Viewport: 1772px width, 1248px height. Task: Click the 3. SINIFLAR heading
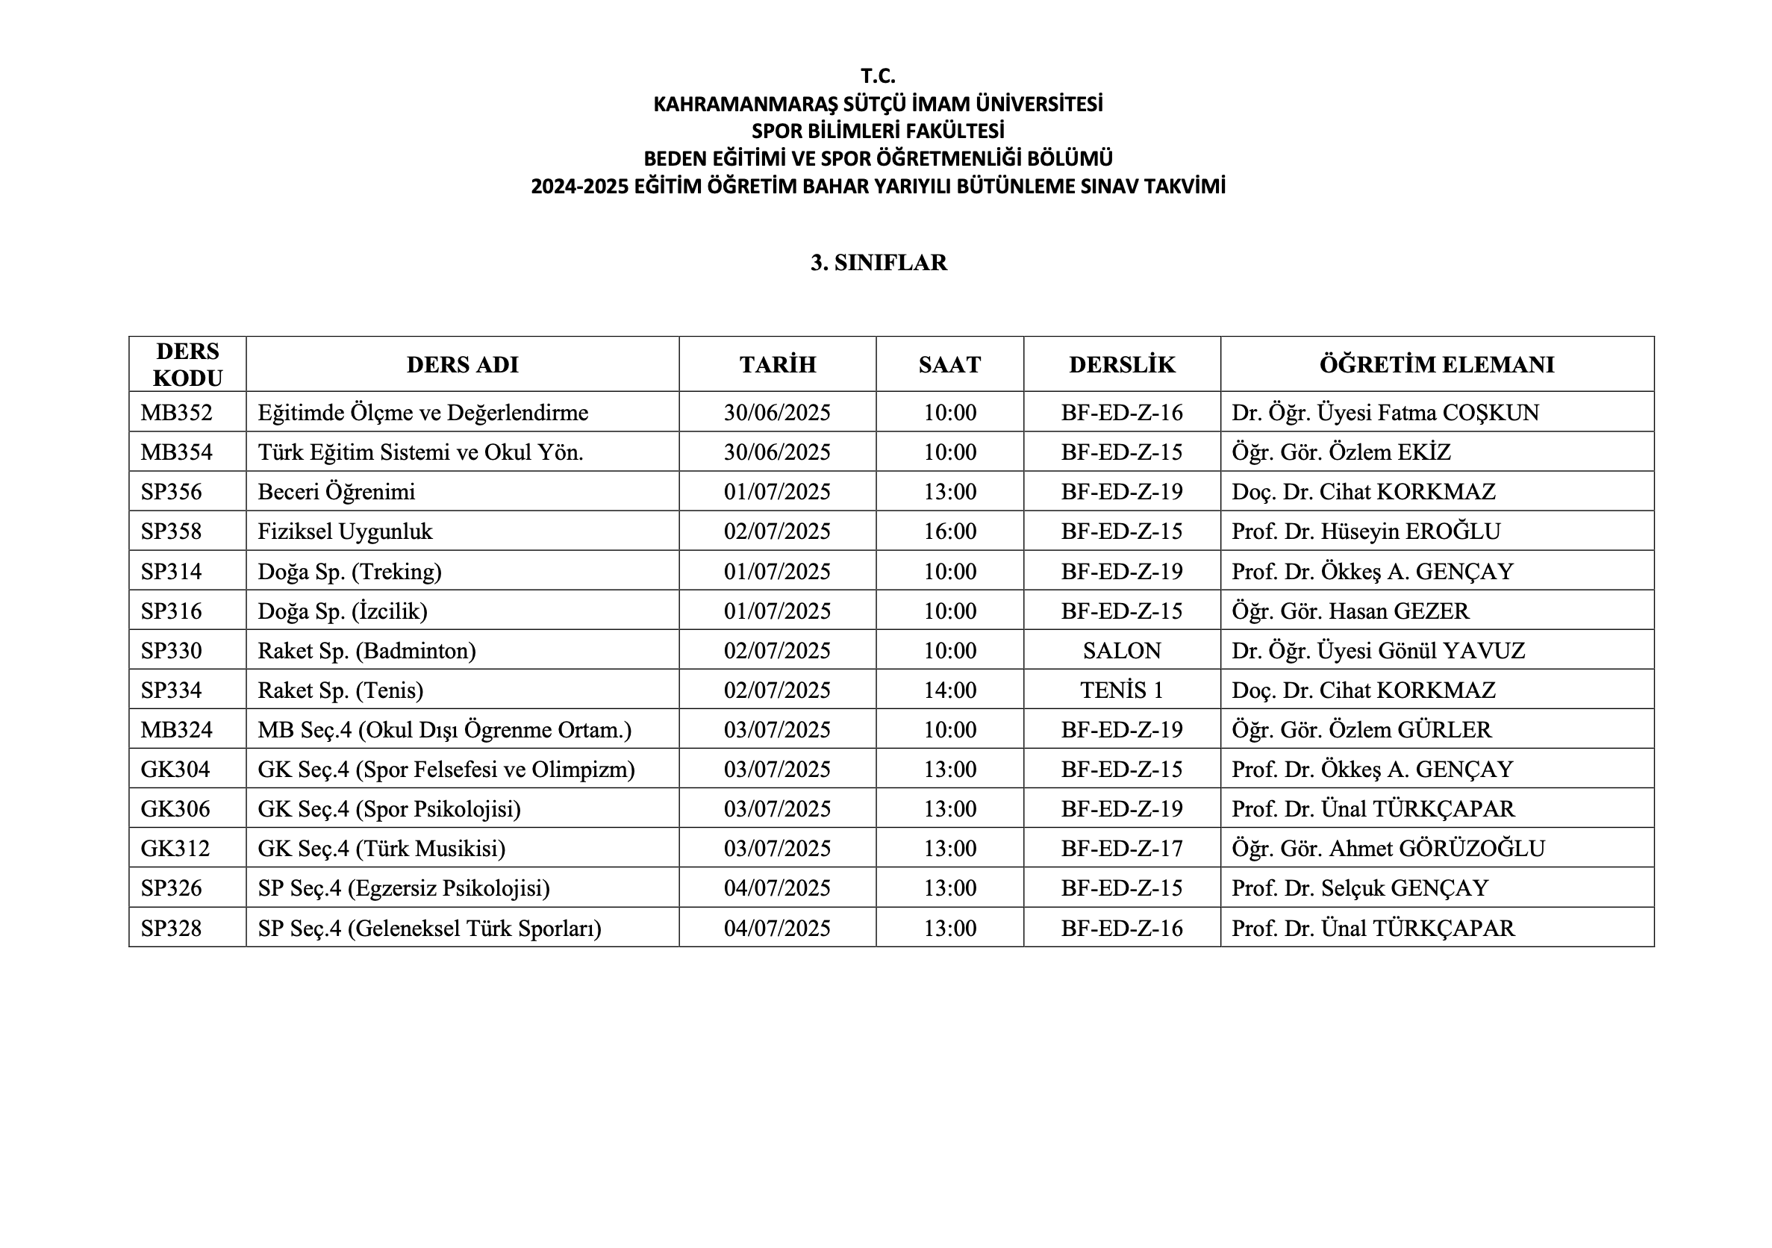(x=879, y=263)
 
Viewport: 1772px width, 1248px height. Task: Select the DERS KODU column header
(x=187, y=364)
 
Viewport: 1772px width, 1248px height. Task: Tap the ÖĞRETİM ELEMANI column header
(x=1436, y=364)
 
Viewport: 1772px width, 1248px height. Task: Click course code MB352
(x=176, y=413)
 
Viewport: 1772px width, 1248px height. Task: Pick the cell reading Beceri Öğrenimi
(x=337, y=493)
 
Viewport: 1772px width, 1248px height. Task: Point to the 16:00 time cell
(x=950, y=531)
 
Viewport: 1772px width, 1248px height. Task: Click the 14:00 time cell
(x=950, y=690)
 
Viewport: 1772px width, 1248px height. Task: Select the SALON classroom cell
(x=1121, y=651)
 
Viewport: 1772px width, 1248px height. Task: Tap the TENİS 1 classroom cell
(x=1121, y=690)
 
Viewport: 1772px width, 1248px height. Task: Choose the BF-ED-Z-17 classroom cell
(x=1121, y=849)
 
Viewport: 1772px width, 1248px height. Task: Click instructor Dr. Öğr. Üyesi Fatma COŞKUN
(x=1385, y=413)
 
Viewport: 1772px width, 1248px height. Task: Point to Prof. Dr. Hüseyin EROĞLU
(x=1366, y=531)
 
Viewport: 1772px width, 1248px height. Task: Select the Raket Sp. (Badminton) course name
(x=366, y=651)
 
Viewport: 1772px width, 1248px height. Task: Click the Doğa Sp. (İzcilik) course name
(x=343, y=611)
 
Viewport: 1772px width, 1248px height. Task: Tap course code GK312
(x=175, y=849)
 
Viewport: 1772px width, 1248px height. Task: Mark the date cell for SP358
(x=777, y=531)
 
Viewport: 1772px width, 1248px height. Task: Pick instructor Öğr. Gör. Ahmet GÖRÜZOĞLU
(x=1388, y=849)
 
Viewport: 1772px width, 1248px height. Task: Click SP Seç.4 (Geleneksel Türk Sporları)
(x=429, y=929)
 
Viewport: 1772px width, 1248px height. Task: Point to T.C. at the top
(x=879, y=76)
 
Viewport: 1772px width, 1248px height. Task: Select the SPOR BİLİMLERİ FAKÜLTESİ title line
(x=879, y=131)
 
